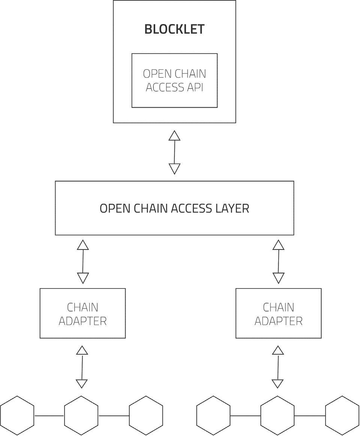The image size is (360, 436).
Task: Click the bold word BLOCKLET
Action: (x=175, y=29)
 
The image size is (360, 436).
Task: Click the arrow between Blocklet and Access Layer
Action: (x=175, y=152)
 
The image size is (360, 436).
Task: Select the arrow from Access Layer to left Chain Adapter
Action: (x=83, y=262)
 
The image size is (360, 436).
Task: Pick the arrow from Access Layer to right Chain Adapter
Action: (x=279, y=262)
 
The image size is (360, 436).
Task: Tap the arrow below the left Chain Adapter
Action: (x=82, y=367)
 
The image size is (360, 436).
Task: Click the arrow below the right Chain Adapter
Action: (x=278, y=367)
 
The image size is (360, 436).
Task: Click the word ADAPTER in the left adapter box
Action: (x=82, y=321)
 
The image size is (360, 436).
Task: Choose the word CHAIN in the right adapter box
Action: (x=278, y=307)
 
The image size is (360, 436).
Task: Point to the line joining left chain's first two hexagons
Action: (x=49, y=416)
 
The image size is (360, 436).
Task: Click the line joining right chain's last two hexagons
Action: (x=310, y=416)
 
